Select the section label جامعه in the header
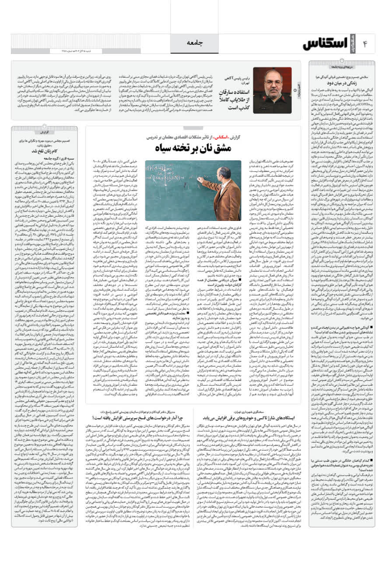[x=196, y=43]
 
